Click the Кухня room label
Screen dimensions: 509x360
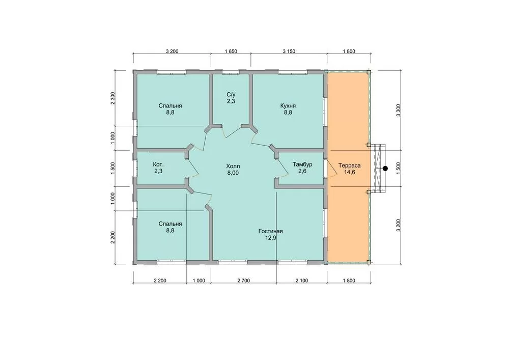pos(288,106)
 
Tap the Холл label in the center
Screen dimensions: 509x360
pos(233,166)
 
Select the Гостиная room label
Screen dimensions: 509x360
pos(270,231)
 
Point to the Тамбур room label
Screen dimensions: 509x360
pos(302,164)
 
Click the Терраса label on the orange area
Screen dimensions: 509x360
pos(349,165)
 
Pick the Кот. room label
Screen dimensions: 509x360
pos(158,164)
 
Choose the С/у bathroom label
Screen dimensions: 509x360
pos(231,95)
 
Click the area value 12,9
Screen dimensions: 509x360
pos(270,238)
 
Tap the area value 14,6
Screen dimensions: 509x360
pos(349,172)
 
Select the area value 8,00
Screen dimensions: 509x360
pos(233,173)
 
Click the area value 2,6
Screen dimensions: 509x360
pos(302,171)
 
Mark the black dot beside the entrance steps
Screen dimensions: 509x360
pos(385,169)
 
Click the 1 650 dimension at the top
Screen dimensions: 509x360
pos(231,51)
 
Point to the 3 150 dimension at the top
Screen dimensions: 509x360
pos(289,51)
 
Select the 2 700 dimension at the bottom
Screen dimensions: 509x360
pos(243,281)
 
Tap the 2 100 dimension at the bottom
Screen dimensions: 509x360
pos(301,281)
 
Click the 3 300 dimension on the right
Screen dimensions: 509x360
pos(399,110)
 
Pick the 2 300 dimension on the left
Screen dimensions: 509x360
pos(112,98)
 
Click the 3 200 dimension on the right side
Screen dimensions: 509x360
pos(399,225)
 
